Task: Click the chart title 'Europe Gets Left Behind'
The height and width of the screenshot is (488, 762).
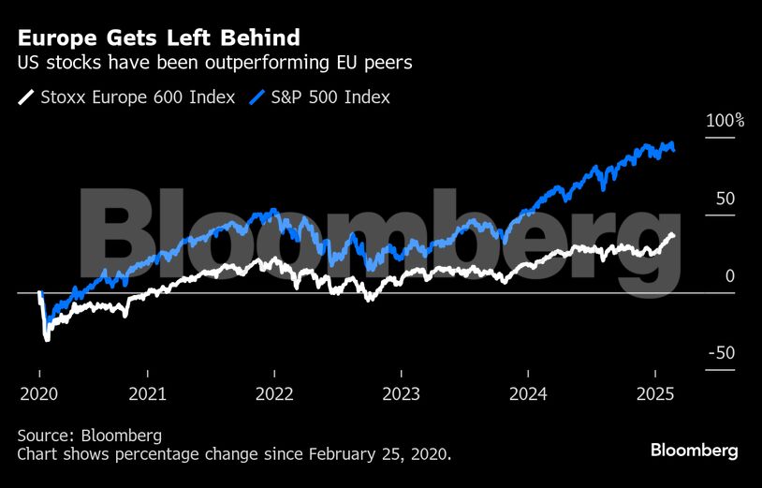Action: (x=158, y=38)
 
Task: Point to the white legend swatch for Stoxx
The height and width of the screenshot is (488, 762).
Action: (x=25, y=96)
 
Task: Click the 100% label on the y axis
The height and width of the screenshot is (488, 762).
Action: (x=725, y=121)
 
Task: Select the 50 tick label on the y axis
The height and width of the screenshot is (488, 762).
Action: (x=725, y=199)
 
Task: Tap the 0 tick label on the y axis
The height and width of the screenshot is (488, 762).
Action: (x=730, y=276)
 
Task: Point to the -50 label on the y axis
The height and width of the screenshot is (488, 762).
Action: (x=723, y=353)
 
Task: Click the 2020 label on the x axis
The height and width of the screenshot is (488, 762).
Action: (x=38, y=393)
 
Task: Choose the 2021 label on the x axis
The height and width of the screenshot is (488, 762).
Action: (x=148, y=393)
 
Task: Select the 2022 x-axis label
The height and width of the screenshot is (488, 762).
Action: (x=274, y=393)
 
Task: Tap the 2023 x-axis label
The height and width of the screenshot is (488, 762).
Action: (x=401, y=393)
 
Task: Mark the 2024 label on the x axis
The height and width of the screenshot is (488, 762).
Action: (x=527, y=393)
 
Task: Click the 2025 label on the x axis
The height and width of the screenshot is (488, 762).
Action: (x=653, y=393)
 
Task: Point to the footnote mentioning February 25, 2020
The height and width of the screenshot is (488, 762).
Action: (x=234, y=454)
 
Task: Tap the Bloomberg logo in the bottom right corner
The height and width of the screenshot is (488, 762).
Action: (x=694, y=451)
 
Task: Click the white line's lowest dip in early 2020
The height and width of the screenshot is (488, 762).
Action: (x=47, y=339)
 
